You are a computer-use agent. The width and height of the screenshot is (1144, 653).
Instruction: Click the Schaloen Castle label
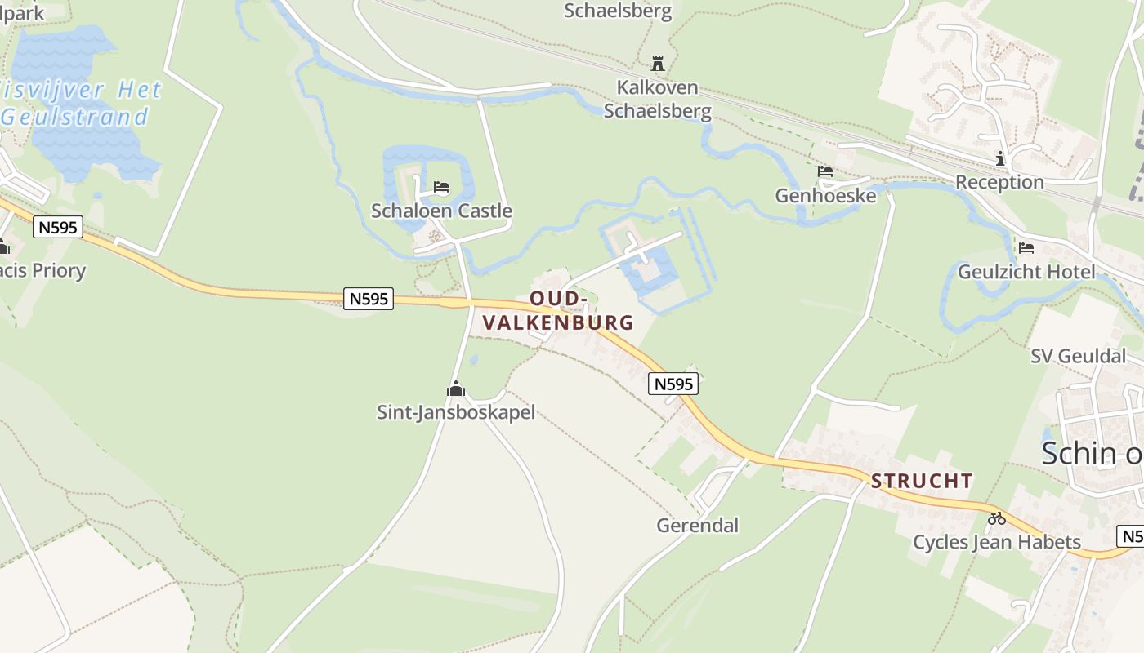[x=441, y=211]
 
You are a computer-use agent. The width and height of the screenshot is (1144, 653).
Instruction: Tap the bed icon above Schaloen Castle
[x=441, y=187]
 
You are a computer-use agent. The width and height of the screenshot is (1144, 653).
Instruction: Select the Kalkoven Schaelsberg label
[x=657, y=99]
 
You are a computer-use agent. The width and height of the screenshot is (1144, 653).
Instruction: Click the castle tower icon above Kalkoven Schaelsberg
[x=657, y=63]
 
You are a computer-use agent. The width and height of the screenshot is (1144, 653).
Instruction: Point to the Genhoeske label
[x=825, y=196]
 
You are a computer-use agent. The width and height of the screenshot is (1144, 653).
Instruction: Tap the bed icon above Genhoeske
[x=825, y=171]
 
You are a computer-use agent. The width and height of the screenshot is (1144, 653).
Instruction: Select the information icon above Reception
[x=999, y=158]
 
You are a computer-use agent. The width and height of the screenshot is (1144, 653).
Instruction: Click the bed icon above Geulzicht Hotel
[x=1026, y=247]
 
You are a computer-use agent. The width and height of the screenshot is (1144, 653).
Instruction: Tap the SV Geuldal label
[x=1078, y=356]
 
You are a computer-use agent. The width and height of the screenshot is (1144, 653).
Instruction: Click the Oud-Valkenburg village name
[x=558, y=310]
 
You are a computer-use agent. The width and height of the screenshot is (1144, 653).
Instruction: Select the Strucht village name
[x=922, y=481]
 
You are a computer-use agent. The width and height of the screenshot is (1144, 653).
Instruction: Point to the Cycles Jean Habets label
[x=996, y=542]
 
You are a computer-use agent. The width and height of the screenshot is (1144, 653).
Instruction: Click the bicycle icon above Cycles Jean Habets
[x=996, y=518]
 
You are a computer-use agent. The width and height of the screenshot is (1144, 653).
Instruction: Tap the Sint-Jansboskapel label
[x=455, y=412]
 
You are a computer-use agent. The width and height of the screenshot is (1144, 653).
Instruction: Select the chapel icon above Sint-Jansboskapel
[x=455, y=389]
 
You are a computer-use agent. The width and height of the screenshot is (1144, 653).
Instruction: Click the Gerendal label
[x=697, y=525]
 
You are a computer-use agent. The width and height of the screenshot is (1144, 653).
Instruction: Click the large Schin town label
[x=1092, y=454]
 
